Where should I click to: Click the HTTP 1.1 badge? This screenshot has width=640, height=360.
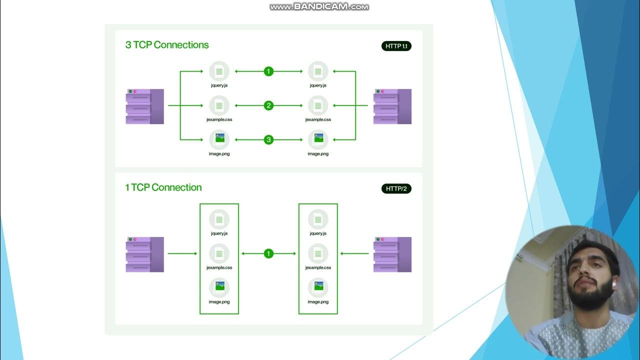[x=396, y=46]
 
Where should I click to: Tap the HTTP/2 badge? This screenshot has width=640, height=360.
[x=396, y=188]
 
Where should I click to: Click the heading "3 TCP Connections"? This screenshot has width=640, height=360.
[x=166, y=45]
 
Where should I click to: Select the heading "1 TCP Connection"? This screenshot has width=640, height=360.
[x=163, y=187]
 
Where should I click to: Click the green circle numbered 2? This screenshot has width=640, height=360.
[x=268, y=105]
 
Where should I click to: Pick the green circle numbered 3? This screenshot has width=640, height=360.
[x=268, y=139]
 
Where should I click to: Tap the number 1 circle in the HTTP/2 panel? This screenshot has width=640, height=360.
[x=268, y=253]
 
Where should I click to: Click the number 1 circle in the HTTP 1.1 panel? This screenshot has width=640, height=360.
[x=268, y=71]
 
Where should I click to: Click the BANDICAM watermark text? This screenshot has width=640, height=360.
[x=319, y=6]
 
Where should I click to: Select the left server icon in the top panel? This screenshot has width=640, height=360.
[x=144, y=106]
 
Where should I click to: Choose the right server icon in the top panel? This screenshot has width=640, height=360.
[x=392, y=106]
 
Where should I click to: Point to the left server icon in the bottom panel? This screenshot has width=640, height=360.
[x=144, y=254]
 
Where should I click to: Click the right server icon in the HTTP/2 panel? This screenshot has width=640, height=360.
[x=392, y=254]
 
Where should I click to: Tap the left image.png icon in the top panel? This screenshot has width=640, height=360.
[x=219, y=139]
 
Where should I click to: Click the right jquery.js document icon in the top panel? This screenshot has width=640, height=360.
[x=318, y=71]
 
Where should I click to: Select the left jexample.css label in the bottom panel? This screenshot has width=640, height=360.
[x=219, y=267]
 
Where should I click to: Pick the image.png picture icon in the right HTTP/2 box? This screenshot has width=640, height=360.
[x=318, y=287]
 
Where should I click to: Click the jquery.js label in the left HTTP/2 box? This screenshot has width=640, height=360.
[x=219, y=233]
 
